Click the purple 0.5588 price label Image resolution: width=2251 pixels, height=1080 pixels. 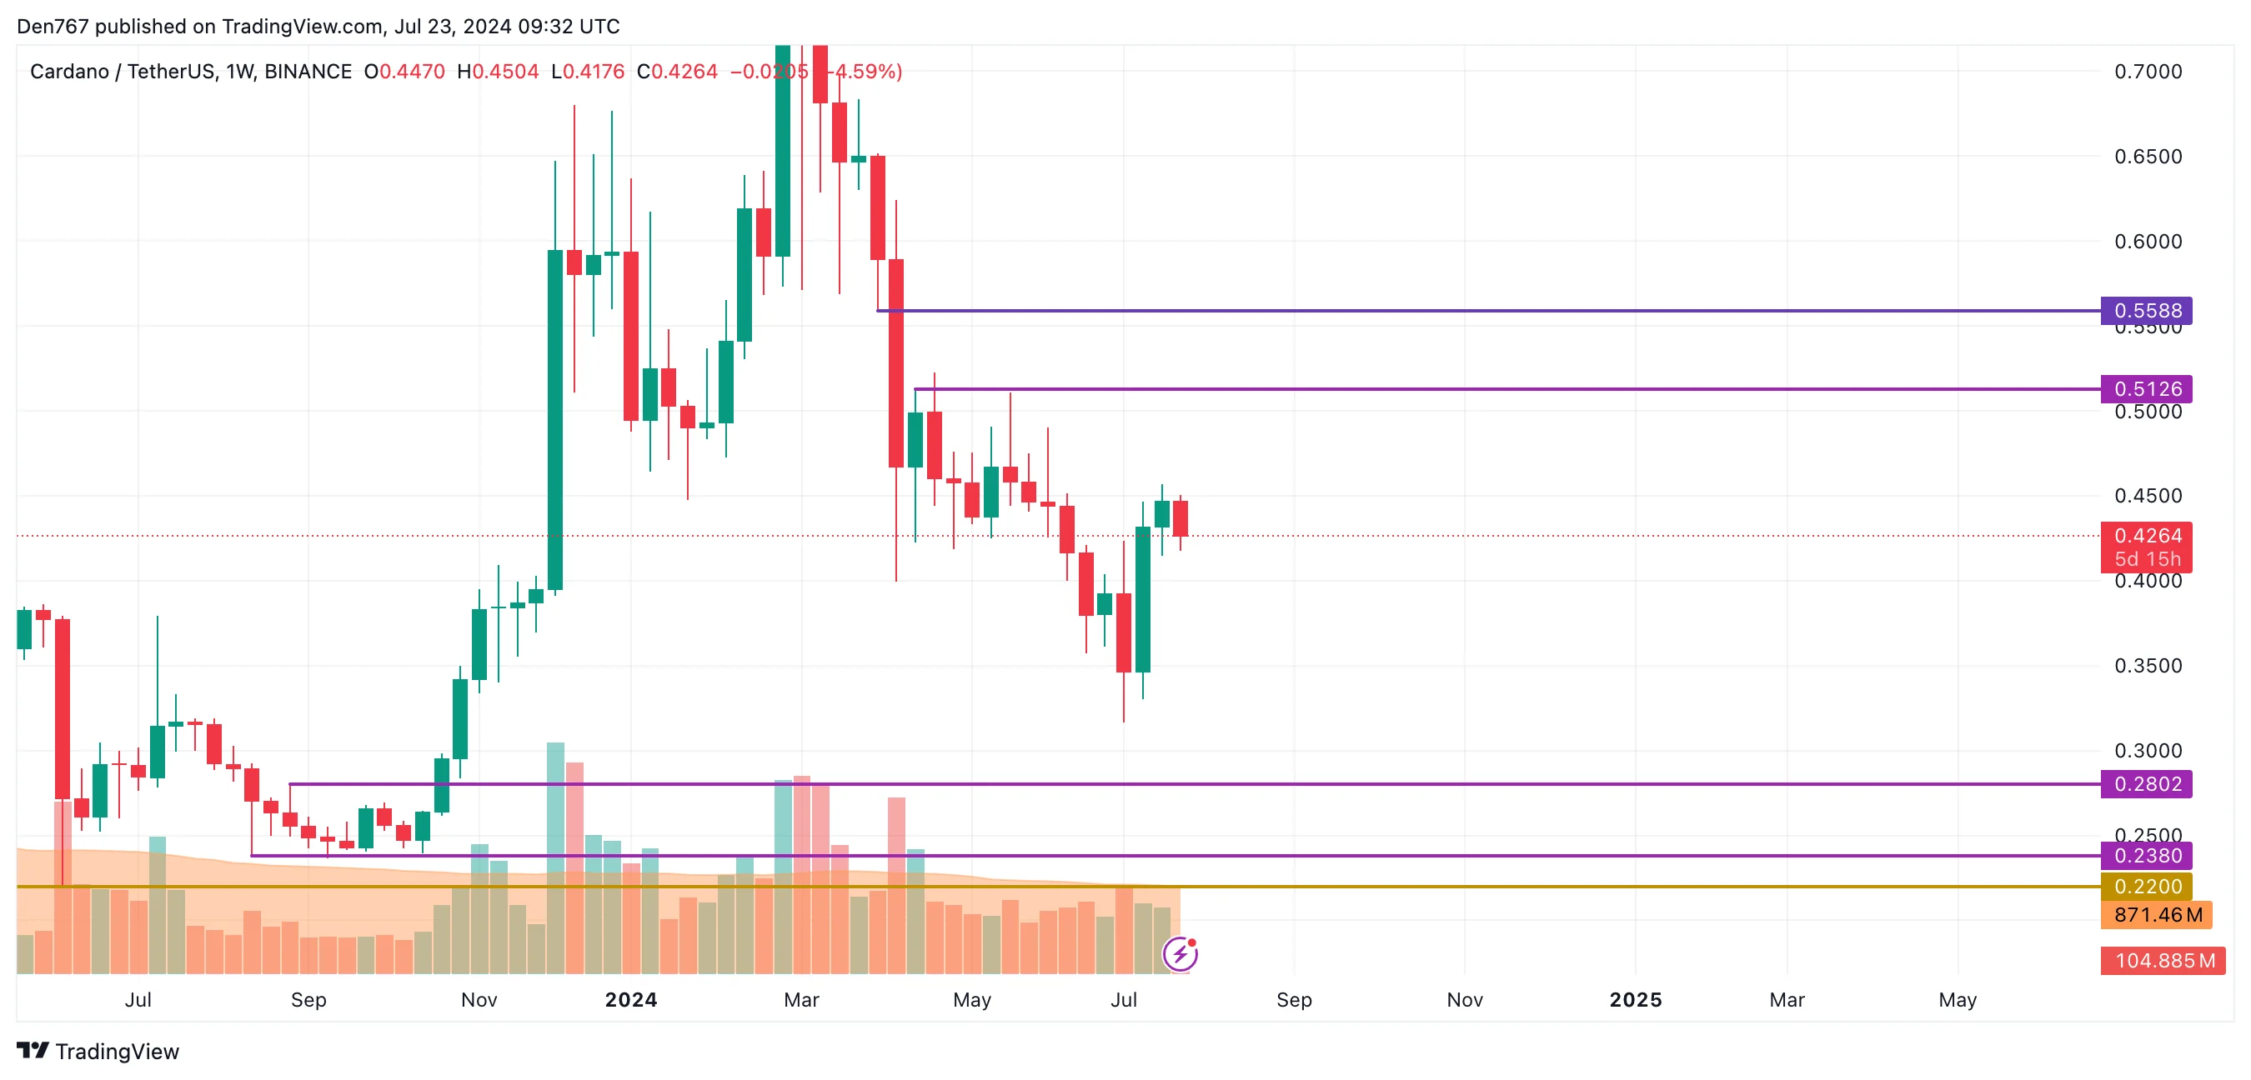point(2146,310)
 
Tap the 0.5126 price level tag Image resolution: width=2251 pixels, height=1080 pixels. point(2146,389)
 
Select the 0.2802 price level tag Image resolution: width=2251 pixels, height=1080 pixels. point(2146,784)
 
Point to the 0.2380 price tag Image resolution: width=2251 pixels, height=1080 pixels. point(2146,856)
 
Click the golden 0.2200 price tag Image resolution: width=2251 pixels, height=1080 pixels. point(2146,886)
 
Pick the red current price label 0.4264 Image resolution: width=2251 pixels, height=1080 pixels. point(2146,536)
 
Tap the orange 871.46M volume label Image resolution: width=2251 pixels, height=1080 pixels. point(2157,915)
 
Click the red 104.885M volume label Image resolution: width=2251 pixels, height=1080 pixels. point(2163,960)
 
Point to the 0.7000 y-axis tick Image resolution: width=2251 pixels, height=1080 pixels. point(2147,72)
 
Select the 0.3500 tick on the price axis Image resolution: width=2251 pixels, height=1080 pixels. point(2147,666)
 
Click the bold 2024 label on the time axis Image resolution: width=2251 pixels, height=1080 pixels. point(631,1000)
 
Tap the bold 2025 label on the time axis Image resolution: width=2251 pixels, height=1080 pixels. point(1635,1000)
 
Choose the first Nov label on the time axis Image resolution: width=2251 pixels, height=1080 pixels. point(479,1000)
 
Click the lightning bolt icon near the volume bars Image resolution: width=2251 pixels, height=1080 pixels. point(1180,954)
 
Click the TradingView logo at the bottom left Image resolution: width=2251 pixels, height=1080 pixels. point(98,1051)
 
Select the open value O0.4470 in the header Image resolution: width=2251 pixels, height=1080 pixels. point(404,72)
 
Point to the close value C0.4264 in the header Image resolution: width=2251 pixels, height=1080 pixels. point(676,72)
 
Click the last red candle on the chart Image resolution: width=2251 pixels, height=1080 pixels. point(1181,518)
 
